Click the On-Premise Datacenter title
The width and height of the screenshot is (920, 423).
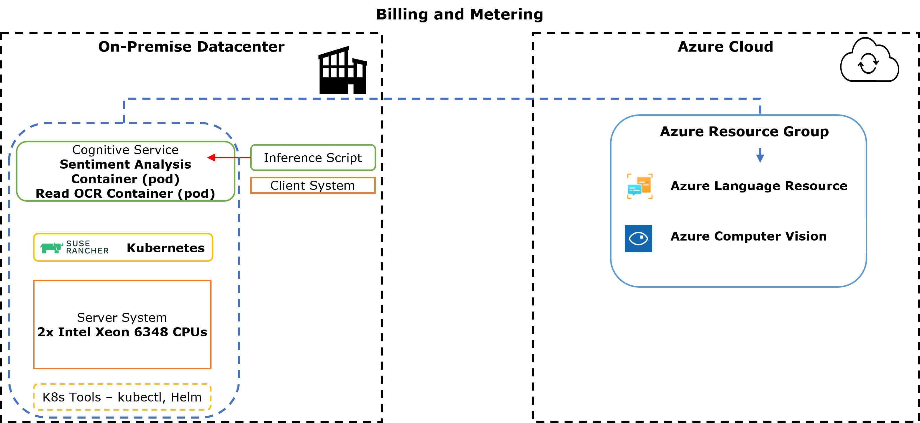click(x=191, y=47)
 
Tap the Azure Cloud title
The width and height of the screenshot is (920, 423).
click(x=725, y=47)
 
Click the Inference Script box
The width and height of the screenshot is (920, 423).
click(x=313, y=157)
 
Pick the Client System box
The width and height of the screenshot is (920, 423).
click(x=313, y=185)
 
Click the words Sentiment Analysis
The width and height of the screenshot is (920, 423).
click(x=125, y=164)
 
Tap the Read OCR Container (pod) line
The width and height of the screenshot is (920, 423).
click(x=125, y=193)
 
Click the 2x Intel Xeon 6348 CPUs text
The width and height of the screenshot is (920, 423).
click(x=122, y=332)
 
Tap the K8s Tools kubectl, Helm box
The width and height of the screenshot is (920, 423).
click(x=122, y=397)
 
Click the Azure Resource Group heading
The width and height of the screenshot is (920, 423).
click(x=744, y=131)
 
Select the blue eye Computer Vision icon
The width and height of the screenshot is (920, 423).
click(x=638, y=238)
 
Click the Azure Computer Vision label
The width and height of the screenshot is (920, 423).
click(x=748, y=236)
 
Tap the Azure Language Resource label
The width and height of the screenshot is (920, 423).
click(x=759, y=186)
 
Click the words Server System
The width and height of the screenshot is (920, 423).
click(x=122, y=317)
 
